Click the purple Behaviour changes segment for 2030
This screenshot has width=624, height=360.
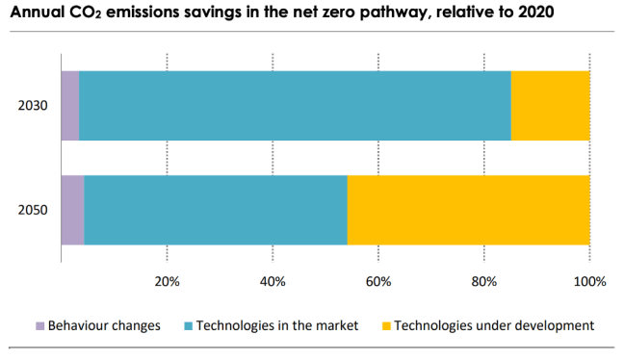click(x=69, y=105)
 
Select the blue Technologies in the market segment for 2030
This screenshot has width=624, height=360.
click(x=295, y=105)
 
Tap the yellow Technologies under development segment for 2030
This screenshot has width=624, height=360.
click(x=550, y=105)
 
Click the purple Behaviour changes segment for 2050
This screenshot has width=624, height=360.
click(x=72, y=210)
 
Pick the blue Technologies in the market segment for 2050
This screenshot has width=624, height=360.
click(x=216, y=210)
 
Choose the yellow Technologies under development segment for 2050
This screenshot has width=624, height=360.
click(x=468, y=210)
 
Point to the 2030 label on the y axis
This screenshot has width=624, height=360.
click(x=32, y=106)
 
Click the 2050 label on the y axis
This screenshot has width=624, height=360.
click(x=32, y=211)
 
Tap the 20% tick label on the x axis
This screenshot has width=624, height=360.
click(x=168, y=282)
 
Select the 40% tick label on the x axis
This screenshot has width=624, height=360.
click(x=273, y=282)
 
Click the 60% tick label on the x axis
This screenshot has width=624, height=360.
click(x=378, y=282)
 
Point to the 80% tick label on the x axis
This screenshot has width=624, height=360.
click(x=483, y=282)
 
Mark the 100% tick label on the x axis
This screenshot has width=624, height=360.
click(x=588, y=282)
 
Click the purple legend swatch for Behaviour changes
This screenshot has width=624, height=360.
click(x=39, y=326)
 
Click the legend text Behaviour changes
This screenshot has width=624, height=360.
click(x=104, y=326)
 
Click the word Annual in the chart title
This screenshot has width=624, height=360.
click(x=37, y=13)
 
